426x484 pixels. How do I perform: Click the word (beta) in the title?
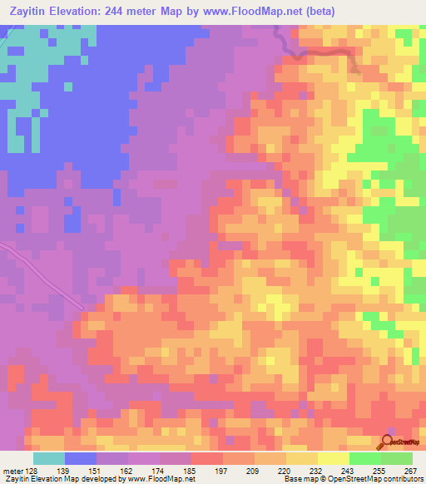point(323,12)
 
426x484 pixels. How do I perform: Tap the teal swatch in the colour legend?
point(49,459)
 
